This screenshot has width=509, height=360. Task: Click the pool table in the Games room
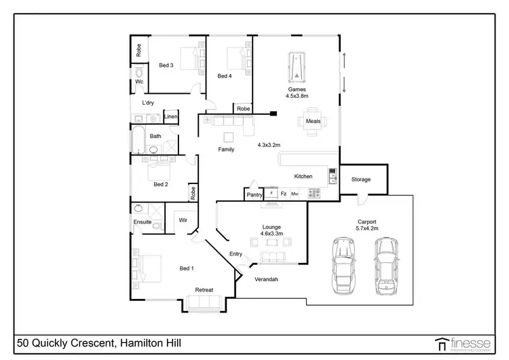pyautogui.click(x=297, y=67)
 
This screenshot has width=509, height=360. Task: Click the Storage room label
pyautogui.click(x=361, y=179)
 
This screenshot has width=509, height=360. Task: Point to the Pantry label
pyautogui.click(x=254, y=195)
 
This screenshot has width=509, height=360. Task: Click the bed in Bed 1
pyautogui.click(x=151, y=268)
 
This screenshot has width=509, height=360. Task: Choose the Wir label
pyautogui.click(x=183, y=220)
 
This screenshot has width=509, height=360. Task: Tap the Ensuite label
pyautogui.click(x=143, y=222)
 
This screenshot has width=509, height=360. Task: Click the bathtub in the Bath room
pyautogui.click(x=138, y=139)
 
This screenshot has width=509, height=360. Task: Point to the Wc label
pyautogui.click(x=138, y=82)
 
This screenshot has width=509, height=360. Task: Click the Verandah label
pyautogui.click(x=267, y=279)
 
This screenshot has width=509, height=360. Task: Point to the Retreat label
pyautogui.click(x=204, y=290)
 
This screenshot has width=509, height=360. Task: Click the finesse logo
pyautogui.click(x=465, y=344)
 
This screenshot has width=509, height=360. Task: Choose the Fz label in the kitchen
pyautogui.click(x=283, y=194)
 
